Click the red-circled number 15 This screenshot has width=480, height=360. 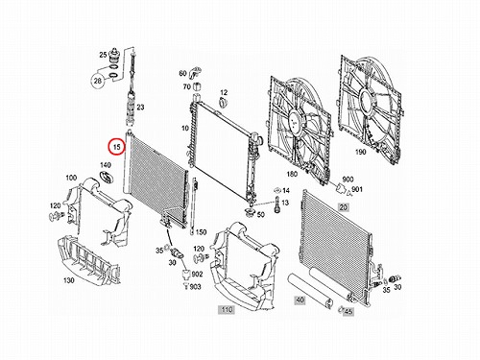(x=116, y=147)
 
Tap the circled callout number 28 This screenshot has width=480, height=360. (x=98, y=81)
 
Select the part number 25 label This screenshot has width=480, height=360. (x=103, y=55)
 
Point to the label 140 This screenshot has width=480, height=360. (x=106, y=165)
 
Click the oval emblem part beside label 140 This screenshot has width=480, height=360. (x=106, y=178)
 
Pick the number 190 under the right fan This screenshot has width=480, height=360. (x=361, y=152)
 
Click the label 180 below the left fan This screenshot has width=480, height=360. (x=292, y=174)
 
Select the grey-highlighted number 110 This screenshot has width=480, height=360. (x=227, y=309)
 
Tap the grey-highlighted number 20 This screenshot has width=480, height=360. (x=343, y=207)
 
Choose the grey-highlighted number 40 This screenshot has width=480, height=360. (x=300, y=300)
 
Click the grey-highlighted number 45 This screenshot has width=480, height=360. (x=348, y=311)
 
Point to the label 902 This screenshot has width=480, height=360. (x=197, y=274)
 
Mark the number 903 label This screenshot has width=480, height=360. (x=195, y=287)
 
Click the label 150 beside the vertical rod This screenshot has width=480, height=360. (x=201, y=232)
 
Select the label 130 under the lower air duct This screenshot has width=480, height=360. (x=69, y=280)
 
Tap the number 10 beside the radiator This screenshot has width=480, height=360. (x=185, y=129)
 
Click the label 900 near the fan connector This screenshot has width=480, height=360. (x=348, y=180)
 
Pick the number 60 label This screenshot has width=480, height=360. (x=182, y=73)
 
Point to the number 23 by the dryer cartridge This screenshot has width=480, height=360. (x=140, y=108)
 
